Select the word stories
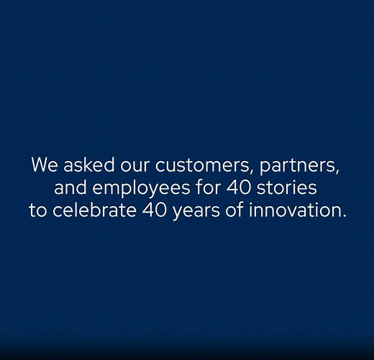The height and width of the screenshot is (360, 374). point(288,189)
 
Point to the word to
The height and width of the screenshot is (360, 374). point(38,213)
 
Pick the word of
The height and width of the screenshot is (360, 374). point(239,213)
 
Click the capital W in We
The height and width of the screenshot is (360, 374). point(39,165)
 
